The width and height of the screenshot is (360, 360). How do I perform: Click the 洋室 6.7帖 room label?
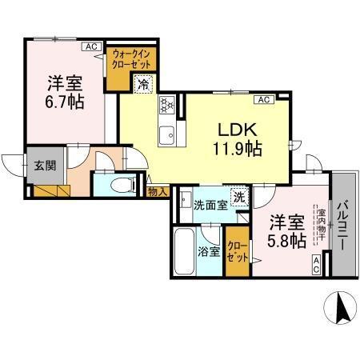click(x=65, y=91)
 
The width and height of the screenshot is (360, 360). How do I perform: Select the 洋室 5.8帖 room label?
click(x=286, y=230)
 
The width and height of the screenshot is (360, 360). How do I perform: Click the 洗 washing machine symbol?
click(x=239, y=196)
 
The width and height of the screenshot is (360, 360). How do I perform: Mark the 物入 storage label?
click(x=158, y=192)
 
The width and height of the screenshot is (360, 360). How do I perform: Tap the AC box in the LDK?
click(x=263, y=99)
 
